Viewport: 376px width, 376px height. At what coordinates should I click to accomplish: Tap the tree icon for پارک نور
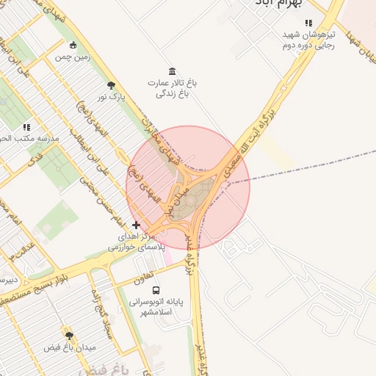click(x=111, y=85)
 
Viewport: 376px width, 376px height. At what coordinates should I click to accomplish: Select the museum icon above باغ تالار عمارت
click(x=172, y=70)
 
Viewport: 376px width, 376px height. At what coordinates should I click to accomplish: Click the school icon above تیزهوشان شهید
click(x=308, y=23)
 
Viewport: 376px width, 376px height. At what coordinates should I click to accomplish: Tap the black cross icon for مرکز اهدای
click(x=135, y=225)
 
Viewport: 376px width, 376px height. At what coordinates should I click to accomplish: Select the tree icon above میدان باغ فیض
click(x=70, y=335)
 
